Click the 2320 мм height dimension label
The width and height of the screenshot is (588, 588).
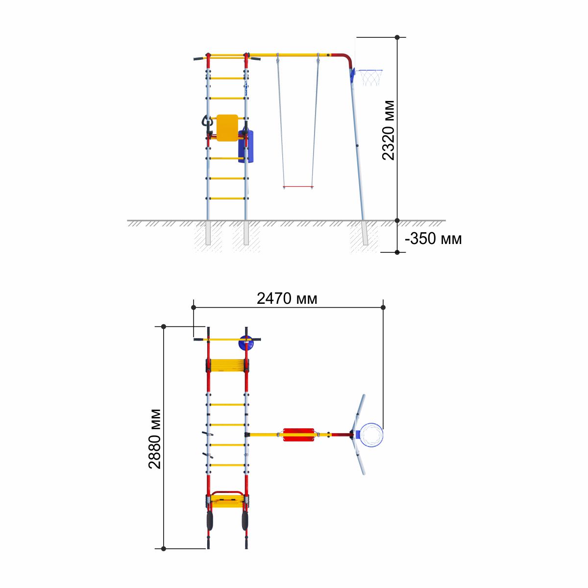tap(389, 130)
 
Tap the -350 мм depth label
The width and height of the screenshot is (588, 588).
tap(433, 239)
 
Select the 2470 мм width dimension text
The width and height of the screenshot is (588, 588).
tap(287, 298)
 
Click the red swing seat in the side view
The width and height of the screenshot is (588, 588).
tap(298, 187)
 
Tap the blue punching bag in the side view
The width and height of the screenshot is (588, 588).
tap(246, 146)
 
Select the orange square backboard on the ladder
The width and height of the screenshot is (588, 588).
tap(227, 128)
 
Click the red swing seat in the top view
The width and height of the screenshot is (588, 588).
tap(298, 435)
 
